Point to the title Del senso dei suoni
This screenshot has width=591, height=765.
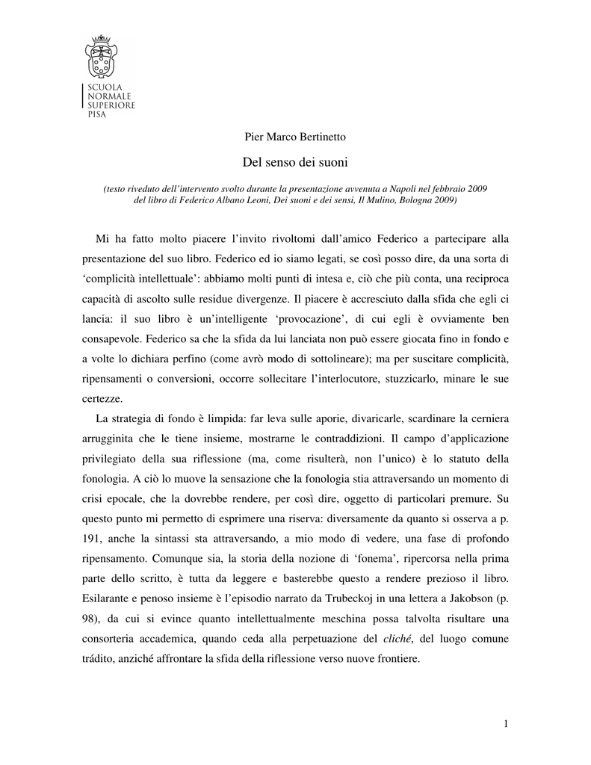point(295,161)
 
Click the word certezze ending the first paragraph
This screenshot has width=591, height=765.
point(99,398)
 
